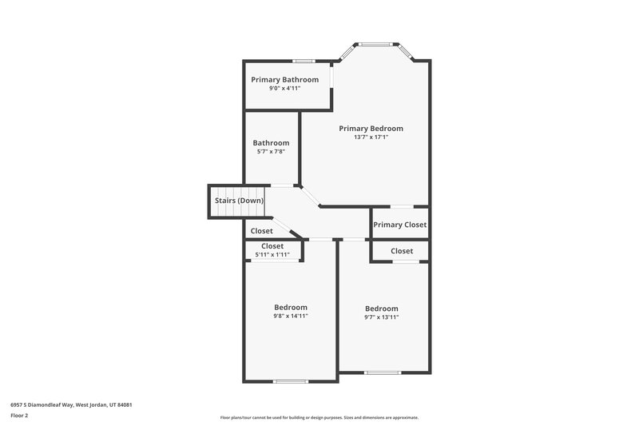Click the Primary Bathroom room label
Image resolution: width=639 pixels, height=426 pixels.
click(284, 80)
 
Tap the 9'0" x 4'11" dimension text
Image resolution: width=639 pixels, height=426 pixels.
click(284, 89)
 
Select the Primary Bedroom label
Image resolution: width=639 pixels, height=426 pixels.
click(371, 128)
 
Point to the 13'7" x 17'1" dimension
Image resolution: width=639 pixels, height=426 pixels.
click(371, 137)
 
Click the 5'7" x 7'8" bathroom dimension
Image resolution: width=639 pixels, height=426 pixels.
click(271, 152)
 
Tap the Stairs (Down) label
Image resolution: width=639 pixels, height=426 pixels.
click(239, 200)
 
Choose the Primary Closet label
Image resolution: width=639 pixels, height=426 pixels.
click(399, 225)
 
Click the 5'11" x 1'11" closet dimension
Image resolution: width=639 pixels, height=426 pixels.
click(272, 255)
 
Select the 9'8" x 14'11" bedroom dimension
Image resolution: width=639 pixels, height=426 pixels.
click(291, 317)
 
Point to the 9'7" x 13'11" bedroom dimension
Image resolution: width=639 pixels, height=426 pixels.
click(381, 317)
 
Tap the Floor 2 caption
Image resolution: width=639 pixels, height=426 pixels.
click(19, 416)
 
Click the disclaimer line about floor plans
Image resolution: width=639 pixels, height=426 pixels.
click(319, 417)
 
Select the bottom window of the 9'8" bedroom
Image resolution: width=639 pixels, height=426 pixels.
click(291, 381)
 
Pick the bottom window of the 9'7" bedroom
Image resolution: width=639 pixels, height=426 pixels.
click(382, 372)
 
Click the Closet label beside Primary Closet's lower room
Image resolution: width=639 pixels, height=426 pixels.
click(402, 251)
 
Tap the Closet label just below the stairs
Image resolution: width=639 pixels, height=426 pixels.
click(261, 231)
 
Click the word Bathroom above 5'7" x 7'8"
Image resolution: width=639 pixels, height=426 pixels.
click(271, 143)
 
